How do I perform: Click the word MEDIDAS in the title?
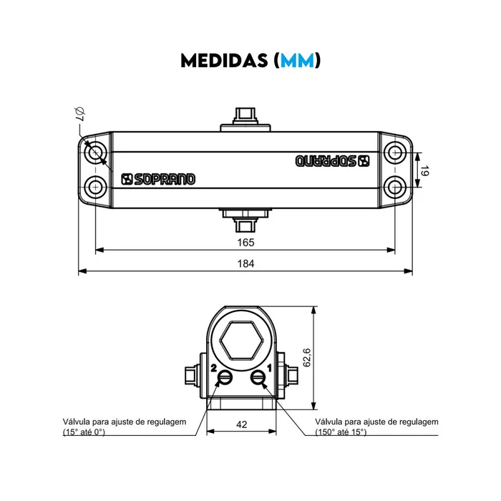[x=224, y=60]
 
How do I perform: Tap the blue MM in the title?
[x=298, y=60]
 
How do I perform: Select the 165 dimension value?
[x=245, y=243]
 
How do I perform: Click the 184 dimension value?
[x=245, y=263]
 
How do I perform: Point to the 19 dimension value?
[x=424, y=170]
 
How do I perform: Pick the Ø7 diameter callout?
[x=79, y=114]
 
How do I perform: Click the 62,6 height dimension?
[x=306, y=358]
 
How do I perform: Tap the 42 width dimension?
[x=242, y=424]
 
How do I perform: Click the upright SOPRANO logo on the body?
[x=158, y=179]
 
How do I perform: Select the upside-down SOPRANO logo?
[x=332, y=161]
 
